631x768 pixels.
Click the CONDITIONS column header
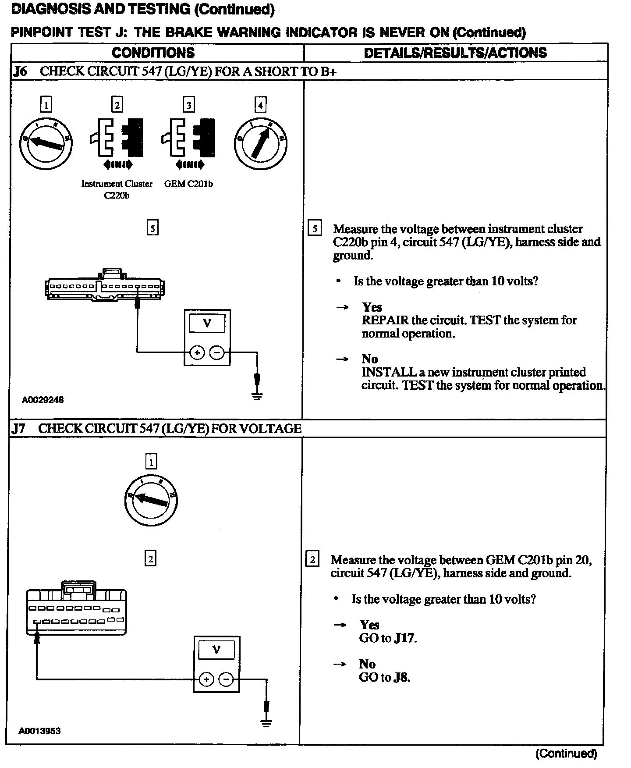[x=153, y=53]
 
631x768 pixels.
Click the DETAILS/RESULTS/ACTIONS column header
[x=455, y=53]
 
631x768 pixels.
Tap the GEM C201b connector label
[x=188, y=184]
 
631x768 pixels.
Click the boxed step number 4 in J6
[x=260, y=105]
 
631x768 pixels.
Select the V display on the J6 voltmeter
[x=207, y=324]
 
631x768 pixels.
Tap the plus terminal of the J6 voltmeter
[x=197, y=352]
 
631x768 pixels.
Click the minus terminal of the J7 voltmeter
[x=226, y=679]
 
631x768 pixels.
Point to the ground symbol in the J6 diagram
[x=257, y=396]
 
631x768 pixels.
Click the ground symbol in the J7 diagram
[x=266, y=723]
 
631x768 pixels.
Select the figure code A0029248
[x=43, y=400]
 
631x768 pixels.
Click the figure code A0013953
[x=39, y=731]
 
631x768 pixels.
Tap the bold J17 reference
[x=404, y=638]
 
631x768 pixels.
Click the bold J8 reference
[x=401, y=677]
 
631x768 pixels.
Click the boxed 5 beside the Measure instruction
[x=315, y=229]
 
